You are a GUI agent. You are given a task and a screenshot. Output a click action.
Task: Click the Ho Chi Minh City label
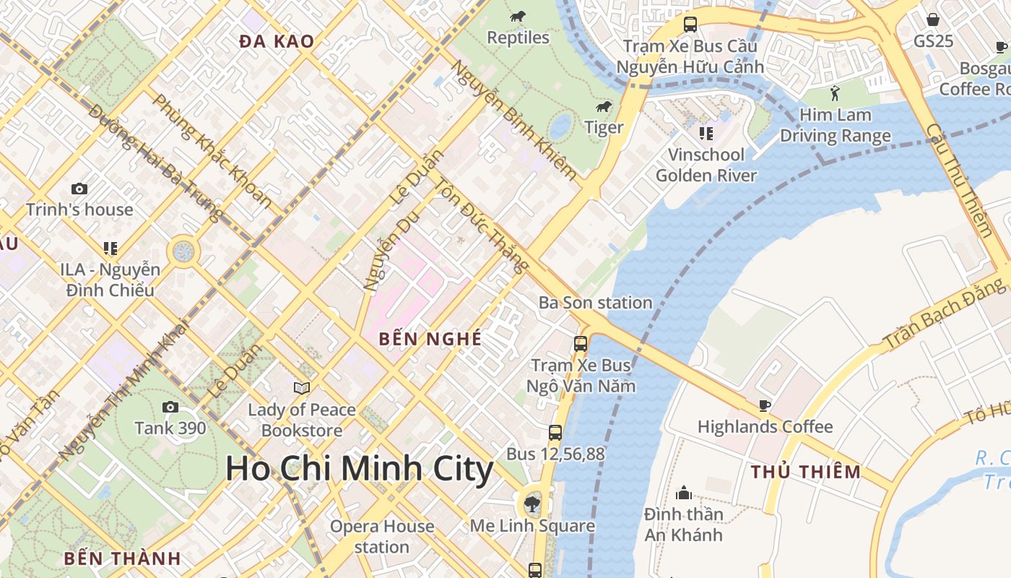click(x=359, y=469)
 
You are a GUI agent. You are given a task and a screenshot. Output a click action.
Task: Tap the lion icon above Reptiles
click(x=518, y=17)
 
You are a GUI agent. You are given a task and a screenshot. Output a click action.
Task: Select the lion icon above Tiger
click(x=604, y=107)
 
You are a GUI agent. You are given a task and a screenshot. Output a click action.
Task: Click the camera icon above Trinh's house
click(x=79, y=189)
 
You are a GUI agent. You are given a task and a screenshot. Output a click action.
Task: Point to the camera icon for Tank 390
click(x=170, y=407)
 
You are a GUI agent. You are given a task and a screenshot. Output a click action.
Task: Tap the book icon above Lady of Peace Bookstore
click(x=302, y=389)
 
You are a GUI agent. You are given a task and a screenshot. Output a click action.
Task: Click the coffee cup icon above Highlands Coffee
click(x=765, y=405)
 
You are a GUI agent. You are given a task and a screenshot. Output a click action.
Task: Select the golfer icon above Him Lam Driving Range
click(x=836, y=93)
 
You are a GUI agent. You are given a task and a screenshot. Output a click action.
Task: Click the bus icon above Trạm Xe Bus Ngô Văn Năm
click(x=581, y=344)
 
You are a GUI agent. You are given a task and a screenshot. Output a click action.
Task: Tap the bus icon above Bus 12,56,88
click(x=555, y=433)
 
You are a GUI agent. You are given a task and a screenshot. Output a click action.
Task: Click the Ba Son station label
click(x=595, y=303)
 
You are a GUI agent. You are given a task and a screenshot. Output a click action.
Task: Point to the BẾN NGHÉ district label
click(x=430, y=338)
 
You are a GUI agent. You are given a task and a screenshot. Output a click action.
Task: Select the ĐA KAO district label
click(x=277, y=42)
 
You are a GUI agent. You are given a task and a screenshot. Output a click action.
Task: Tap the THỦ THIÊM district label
click(x=805, y=473)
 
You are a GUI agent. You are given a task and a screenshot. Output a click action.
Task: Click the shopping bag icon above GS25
click(x=933, y=20)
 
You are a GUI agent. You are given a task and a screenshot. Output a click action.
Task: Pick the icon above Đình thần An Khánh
click(x=683, y=493)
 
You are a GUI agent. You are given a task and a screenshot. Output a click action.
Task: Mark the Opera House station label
click(x=382, y=536)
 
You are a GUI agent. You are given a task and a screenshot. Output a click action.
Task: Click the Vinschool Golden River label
click(x=706, y=165)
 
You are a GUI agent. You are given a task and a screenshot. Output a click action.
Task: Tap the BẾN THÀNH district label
click(x=122, y=558)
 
